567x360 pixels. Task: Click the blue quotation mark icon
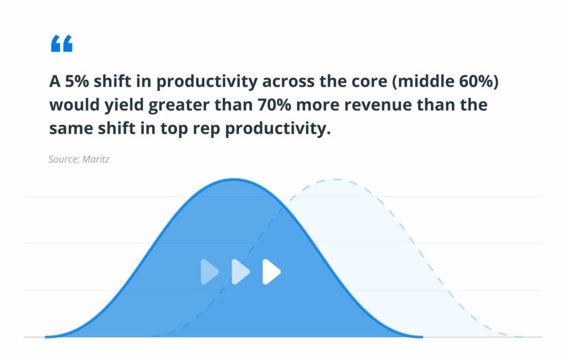pos(61,43)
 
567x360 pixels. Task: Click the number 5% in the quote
pos(76,81)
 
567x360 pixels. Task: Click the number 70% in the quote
pos(274,105)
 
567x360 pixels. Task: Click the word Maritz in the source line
pos(95,159)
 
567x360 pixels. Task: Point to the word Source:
pos(64,159)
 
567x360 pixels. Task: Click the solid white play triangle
pos(271,272)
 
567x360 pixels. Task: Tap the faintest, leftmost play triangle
pos(209,272)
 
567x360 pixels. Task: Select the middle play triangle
pos(240,272)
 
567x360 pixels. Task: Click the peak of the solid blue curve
pos(234,179)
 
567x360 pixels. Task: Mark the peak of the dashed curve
pos(336,179)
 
